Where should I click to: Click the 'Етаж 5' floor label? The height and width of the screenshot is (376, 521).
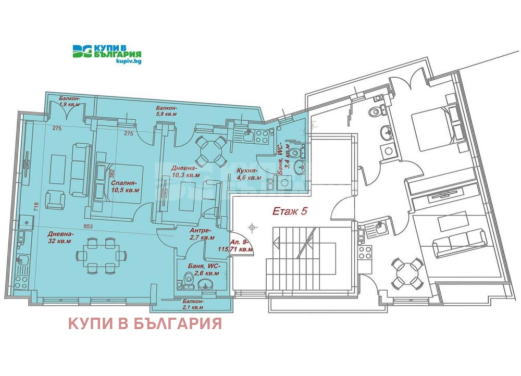coord(290,211)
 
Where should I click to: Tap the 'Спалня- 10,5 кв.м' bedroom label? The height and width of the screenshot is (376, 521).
coord(125,186)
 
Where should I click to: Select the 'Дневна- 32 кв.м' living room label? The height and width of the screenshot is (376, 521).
coord(59,237)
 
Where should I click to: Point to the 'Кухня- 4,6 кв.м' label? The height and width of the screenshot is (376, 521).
coord(246,174)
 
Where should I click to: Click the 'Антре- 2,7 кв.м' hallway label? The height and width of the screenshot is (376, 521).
coord(202,234)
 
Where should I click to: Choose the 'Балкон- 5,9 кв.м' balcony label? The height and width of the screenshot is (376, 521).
coord(167,111)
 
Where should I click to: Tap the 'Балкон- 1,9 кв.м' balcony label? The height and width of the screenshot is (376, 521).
coord(69,102)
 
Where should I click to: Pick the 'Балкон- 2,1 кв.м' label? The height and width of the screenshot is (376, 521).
coord(193,304)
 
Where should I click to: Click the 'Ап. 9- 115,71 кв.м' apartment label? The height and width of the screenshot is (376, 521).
coord(235,246)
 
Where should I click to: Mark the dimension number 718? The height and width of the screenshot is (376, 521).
coord(36,208)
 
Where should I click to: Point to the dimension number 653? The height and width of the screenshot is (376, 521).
coord(88,227)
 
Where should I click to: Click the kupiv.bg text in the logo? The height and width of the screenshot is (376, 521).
coord(129,61)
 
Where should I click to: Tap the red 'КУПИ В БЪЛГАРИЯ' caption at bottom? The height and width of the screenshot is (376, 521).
coord(145,323)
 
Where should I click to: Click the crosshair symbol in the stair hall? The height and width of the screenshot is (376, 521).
coord(253,227)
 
